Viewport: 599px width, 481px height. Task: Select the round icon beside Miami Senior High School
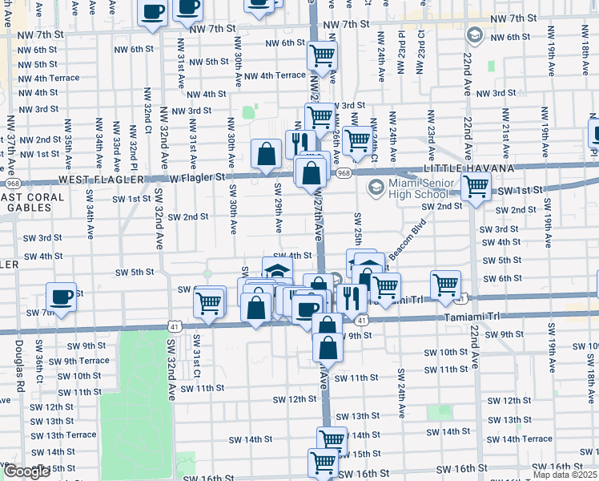point(375,187)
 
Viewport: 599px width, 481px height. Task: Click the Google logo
point(26,471)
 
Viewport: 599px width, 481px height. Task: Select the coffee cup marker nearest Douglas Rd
point(61,297)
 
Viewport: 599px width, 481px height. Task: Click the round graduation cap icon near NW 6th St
point(473,35)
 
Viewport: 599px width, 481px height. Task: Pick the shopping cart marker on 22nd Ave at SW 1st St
point(476,187)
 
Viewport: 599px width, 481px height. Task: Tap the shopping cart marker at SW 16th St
point(324,461)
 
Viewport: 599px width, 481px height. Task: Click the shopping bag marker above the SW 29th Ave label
point(265,154)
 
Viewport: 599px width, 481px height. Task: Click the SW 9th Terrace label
point(78,361)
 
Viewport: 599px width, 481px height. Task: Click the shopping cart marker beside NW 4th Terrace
point(322,55)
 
